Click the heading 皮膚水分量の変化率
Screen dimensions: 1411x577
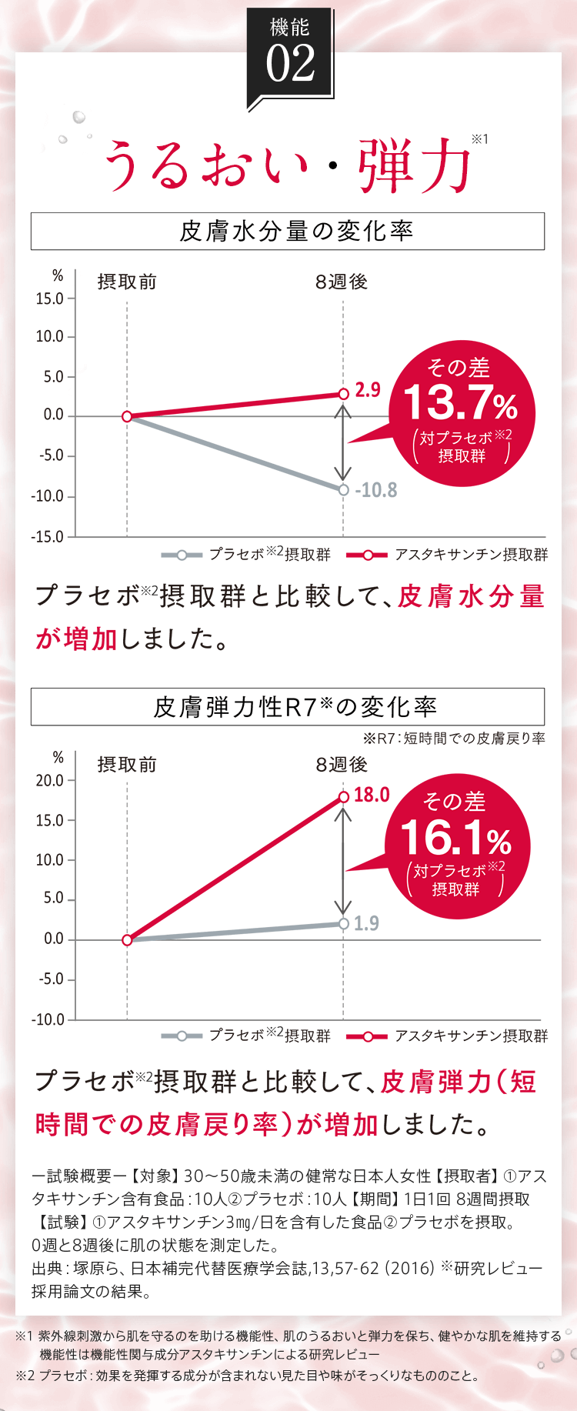[x=296, y=231]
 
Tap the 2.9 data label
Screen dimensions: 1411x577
[x=368, y=390]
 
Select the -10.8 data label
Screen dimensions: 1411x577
[x=375, y=490]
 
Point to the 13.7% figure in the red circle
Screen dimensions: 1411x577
[x=460, y=402]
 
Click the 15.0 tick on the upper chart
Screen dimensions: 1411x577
[x=49, y=299]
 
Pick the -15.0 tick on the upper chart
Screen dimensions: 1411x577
[x=48, y=536]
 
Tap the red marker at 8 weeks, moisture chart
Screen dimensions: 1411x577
[x=343, y=394]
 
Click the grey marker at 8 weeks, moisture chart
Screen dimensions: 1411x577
[x=343, y=489]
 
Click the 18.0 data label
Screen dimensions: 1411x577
[x=372, y=795]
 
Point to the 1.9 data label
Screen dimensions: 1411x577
[x=366, y=923]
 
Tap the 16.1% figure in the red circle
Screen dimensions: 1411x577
[x=455, y=838]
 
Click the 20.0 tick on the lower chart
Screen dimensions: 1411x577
[x=49, y=780]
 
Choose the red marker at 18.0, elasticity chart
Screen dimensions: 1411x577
[x=343, y=796]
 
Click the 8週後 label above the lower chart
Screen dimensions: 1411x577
[x=342, y=764]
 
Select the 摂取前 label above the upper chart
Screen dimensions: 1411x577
[x=127, y=282]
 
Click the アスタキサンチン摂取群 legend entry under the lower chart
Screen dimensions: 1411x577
[x=471, y=1036]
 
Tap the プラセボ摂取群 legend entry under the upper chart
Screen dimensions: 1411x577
[x=269, y=554]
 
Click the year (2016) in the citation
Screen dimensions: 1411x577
[x=411, y=1268]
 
